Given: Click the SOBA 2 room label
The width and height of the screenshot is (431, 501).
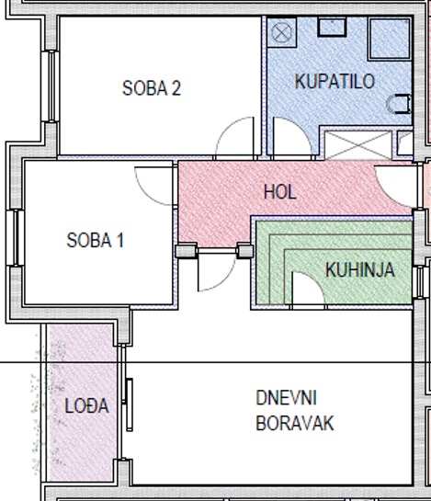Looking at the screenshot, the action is tap(152, 88).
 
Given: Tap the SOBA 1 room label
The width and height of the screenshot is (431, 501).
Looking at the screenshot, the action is tap(95, 240).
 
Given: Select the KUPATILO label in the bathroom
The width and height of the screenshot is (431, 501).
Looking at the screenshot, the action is tap(335, 81).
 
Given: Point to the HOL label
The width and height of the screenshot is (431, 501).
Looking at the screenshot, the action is tap(280, 192).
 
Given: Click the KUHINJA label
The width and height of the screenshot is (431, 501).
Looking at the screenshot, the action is tap(360, 269).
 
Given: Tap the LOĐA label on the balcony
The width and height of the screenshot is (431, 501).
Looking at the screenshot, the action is tap(86, 405).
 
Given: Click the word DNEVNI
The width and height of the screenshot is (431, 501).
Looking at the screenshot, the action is tap(287, 398).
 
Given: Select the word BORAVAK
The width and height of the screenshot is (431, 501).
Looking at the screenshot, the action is tap(295, 423).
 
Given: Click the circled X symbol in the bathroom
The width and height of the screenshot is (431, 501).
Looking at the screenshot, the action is tap(281, 32).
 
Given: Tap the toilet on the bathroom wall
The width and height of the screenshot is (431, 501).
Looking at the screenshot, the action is tap(399, 104).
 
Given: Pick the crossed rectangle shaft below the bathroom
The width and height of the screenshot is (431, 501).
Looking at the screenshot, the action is tap(358, 145).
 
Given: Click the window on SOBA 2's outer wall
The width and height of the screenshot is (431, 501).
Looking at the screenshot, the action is tap(50, 86).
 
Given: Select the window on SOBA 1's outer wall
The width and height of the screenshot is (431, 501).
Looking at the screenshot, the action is tap(15, 238).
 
